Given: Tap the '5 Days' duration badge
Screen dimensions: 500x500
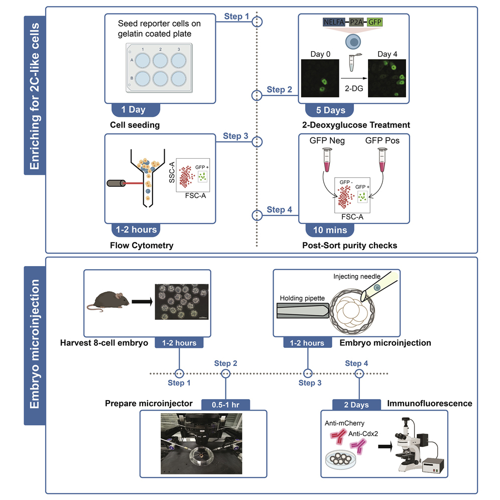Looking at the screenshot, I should click(329, 110).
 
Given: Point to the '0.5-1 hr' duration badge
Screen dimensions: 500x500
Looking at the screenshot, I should click(225, 404).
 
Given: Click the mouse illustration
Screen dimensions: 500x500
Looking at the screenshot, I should click(108, 302).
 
